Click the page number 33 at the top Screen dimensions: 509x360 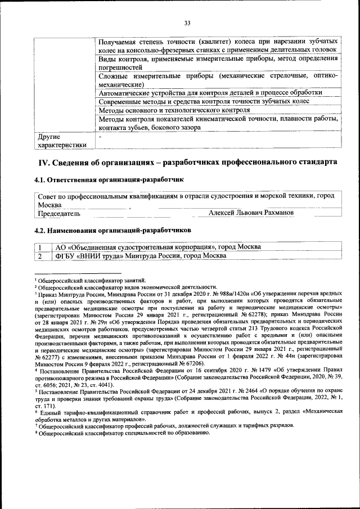[187, 22]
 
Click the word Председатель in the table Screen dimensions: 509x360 [58, 214]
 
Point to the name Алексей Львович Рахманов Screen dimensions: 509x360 [251, 213]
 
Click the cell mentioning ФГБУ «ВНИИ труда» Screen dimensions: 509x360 [141, 256]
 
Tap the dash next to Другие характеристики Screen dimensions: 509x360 [100, 137]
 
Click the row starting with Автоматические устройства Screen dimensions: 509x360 [210, 92]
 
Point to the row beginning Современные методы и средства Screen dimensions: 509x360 [204, 101]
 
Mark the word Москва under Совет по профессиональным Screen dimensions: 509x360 [49, 205]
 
